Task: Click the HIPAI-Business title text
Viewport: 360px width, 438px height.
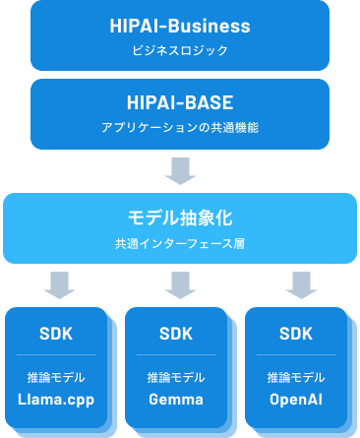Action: [180, 26]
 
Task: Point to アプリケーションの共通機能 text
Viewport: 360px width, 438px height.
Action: [180, 126]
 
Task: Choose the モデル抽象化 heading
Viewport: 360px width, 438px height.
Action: [180, 217]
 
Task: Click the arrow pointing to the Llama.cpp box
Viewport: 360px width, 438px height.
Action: [60, 285]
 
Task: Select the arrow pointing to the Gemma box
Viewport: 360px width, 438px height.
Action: [180, 285]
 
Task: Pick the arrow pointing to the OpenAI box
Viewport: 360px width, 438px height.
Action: [300, 285]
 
